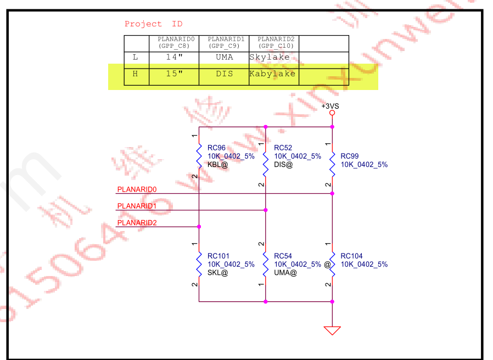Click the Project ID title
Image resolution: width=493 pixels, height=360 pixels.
(x=153, y=24)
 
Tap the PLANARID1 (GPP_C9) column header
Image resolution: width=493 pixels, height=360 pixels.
(x=223, y=42)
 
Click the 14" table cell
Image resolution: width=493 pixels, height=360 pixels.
(x=173, y=57)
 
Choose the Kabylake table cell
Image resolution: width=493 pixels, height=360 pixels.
(x=272, y=74)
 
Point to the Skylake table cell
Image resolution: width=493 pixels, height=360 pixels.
(x=269, y=57)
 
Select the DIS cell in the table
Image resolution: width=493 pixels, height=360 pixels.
(x=224, y=74)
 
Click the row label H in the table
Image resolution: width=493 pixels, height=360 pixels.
(x=136, y=74)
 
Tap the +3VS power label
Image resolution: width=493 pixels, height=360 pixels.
(x=330, y=106)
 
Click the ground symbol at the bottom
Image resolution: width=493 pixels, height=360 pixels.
(x=332, y=330)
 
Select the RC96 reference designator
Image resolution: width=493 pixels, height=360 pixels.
(x=216, y=148)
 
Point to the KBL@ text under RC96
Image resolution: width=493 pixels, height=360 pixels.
(x=217, y=164)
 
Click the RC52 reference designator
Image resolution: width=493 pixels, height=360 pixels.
(x=283, y=148)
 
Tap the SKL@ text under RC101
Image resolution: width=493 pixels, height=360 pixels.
(x=217, y=272)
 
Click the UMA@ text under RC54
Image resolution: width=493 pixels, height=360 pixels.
(x=285, y=272)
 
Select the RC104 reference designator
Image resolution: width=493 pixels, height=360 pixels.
(x=351, y=256)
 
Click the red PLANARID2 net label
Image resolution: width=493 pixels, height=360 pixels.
(x=137, y=222)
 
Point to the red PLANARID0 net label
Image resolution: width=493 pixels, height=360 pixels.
(x=137, y=189)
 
